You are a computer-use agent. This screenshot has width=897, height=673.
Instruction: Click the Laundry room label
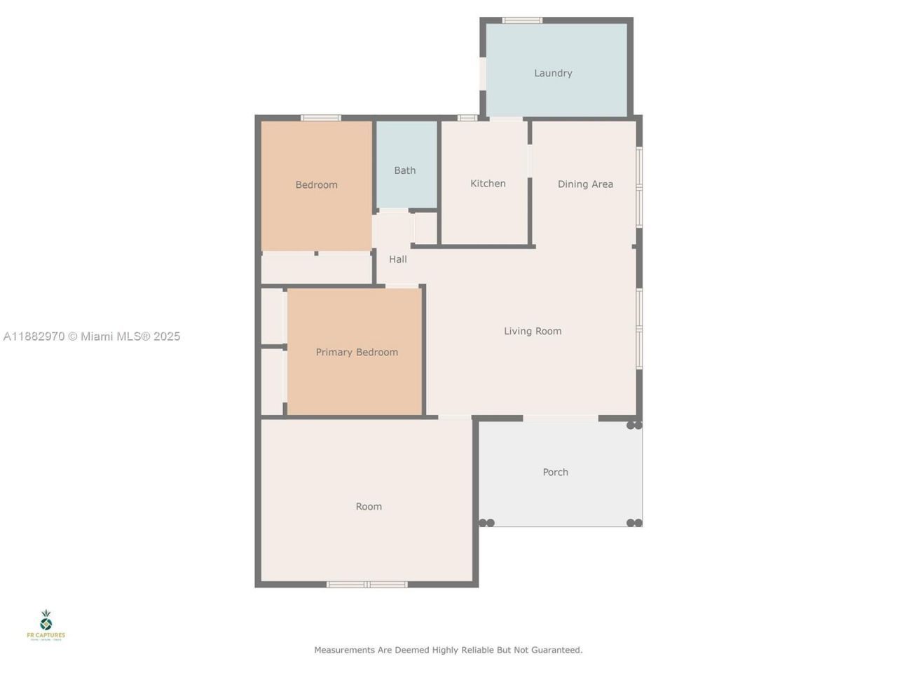(553, 73)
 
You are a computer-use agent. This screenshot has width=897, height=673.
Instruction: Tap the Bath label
(404, 170)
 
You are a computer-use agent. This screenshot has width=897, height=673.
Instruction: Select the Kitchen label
(488, 184)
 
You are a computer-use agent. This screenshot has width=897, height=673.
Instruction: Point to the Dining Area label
(585, 184)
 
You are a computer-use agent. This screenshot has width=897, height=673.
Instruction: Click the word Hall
(398, 259)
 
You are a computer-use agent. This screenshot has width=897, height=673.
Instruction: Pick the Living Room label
(533, 331)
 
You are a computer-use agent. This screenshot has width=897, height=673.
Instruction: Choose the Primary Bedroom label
(357, 352)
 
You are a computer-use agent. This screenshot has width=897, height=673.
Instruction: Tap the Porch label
(555, 473)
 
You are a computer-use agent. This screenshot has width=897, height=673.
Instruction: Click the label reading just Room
(369, 506)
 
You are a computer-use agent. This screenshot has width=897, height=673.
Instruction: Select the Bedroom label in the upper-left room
(316, 185)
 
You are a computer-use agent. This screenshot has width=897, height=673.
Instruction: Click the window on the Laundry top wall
(522, 20)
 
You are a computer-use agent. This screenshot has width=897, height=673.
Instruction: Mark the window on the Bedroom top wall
(321, 118)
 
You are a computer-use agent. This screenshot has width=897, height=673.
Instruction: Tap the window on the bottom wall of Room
(367, 584)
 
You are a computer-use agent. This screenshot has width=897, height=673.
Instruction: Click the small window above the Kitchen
(467, 118)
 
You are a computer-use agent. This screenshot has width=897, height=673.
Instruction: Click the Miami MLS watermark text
(130, 336)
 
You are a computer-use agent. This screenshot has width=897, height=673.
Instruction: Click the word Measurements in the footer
(344, 650)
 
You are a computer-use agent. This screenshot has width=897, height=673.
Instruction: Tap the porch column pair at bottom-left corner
(486, 523)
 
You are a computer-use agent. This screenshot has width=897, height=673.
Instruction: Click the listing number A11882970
(34, 336)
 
